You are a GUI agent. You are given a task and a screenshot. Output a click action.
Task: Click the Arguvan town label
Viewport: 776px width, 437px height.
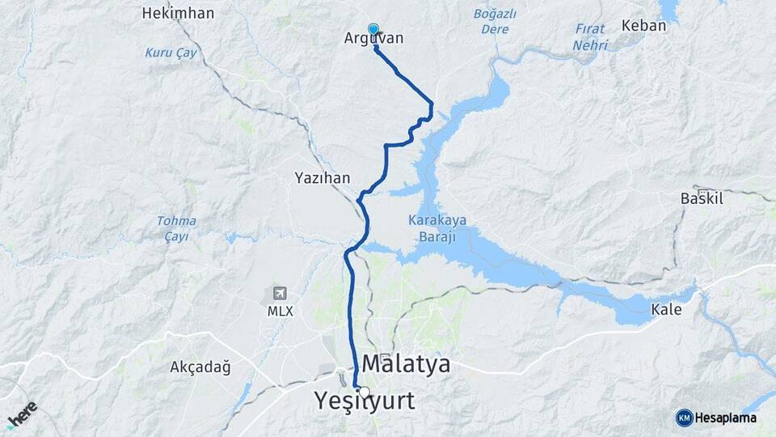point(373,39)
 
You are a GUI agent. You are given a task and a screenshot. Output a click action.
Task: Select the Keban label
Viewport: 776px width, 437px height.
point(643,25)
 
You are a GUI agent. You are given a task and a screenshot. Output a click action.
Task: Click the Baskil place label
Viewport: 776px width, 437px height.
point(702,197)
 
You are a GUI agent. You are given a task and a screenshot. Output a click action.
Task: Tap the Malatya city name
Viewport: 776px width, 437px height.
point(406,364)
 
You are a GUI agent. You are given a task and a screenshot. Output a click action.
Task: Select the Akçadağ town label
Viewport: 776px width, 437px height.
point(200,367)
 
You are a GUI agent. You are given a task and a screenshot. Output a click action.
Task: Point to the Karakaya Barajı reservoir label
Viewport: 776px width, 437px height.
point(432,227)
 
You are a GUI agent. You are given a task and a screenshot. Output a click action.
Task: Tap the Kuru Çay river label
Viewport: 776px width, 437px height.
point(170,53)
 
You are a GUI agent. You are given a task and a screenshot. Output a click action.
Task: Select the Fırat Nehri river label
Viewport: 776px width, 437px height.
point(590,37)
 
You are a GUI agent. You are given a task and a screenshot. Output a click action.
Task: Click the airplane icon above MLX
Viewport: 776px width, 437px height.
point(280,294)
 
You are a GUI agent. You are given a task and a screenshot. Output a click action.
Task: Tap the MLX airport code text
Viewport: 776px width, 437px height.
point(280,311)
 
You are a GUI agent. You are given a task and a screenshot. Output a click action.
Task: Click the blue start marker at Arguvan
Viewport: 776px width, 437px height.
point(373,29)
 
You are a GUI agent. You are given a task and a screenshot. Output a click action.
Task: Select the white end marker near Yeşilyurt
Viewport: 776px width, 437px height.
point(364,392)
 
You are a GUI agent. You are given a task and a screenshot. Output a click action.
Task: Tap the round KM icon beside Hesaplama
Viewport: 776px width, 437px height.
point(684,418)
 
